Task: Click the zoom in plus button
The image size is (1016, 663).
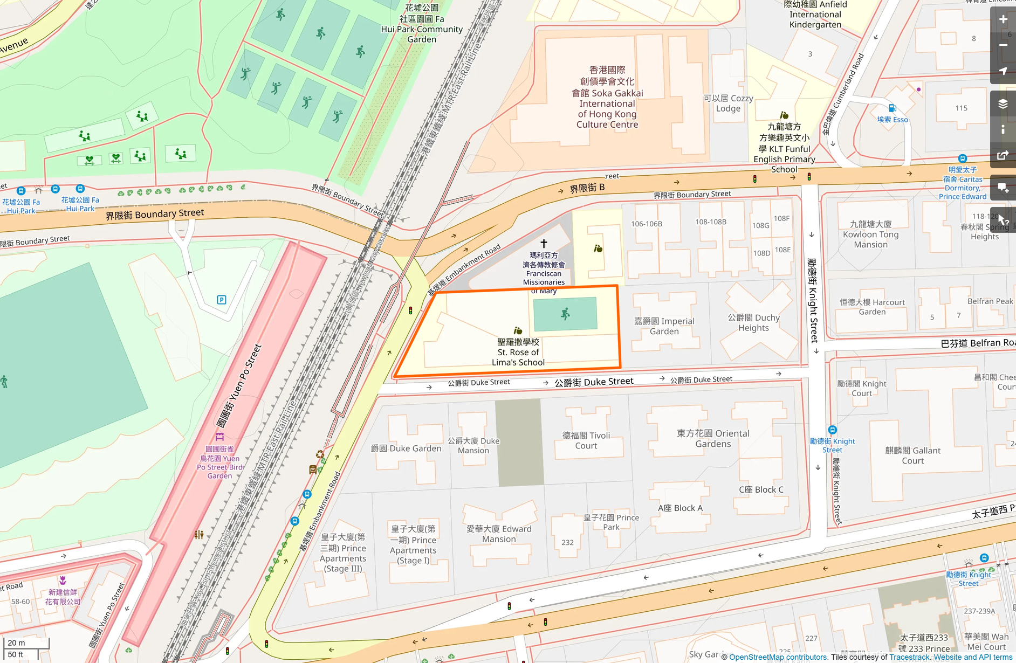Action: [1003, 19]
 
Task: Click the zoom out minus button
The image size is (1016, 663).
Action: [1003, 45]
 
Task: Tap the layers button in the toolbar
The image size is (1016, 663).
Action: [1003, 104]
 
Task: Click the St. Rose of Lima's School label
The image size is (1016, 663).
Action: [518, 352]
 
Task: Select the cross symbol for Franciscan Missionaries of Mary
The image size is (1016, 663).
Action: [544, 244]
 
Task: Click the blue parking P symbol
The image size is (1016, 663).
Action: [222, 300]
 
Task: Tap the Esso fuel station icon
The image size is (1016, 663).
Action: [892, 108]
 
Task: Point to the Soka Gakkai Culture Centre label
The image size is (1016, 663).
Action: [607, 98]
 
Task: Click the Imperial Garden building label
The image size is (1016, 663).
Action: [664, 326]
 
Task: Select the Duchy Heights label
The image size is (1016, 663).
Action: [753, 323]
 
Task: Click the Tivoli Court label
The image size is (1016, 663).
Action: [586, 440]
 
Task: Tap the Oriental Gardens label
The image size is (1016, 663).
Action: [713, 439]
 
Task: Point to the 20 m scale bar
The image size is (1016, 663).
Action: [26, 643]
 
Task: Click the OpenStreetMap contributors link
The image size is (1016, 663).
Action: [778, 657]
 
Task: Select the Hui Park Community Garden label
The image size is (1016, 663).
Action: [422, 24]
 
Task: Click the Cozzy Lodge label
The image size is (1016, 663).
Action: [728, 103]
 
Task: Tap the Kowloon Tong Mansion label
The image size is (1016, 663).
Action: [870, 234]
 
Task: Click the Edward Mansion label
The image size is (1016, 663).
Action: [499, 534]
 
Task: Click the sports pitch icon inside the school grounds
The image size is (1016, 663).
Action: [565, 314]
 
